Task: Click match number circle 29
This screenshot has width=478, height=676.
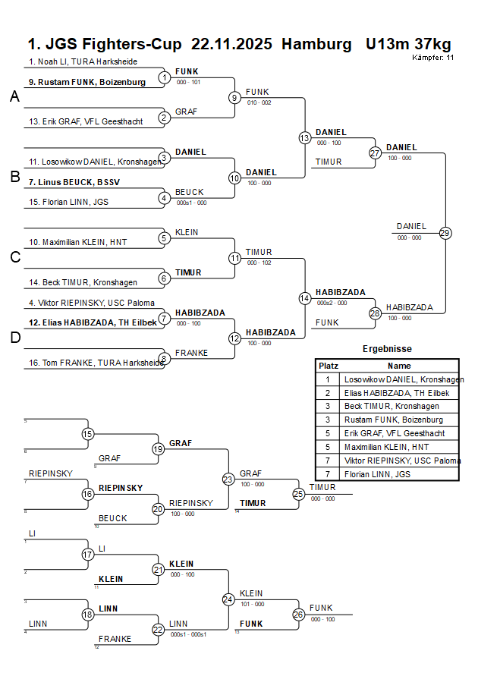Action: pyautogui.click(x=445, y=233)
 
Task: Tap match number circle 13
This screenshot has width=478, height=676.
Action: pyautogui.click(x=304, y=137)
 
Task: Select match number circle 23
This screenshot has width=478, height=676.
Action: pyautogui.click(x=228, y=479)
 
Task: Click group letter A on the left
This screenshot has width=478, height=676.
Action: pyautogui.click(x=14, y=97)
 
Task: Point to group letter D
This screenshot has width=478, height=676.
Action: pyautogui.click(x=14, y=338)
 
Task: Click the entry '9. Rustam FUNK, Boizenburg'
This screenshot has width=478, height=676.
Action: pyautogui.click(x=87, y=82)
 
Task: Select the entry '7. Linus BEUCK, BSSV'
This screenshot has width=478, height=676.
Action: pyautogui.click(x=74, y=182)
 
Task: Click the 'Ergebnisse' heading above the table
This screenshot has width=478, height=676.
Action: pyautogui.click(x=387, y=349)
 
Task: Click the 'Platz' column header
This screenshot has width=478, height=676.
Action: pyautogui.click(x=328, y=366)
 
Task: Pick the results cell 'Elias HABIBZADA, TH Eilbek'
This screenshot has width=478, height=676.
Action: pyautogui.click(x=396, y=393)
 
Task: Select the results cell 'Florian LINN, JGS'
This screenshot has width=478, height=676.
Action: pyautogui.click(x=379, y=473)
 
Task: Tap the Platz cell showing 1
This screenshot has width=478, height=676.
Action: pyautogui.click(x=328, y=379)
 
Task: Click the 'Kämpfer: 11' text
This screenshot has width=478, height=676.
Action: pyautogui.click(x=433, y=57)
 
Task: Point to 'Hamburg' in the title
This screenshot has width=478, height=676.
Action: pyautogui.click(x=316, y=43)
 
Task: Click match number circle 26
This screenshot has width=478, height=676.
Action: pyautogui.click(x=298, y=615)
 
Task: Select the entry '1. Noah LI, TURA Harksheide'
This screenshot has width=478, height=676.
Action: pyautogui.click(x=83, y=61)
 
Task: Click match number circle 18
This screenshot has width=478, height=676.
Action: pyautogui.click(x=87, y=615)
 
